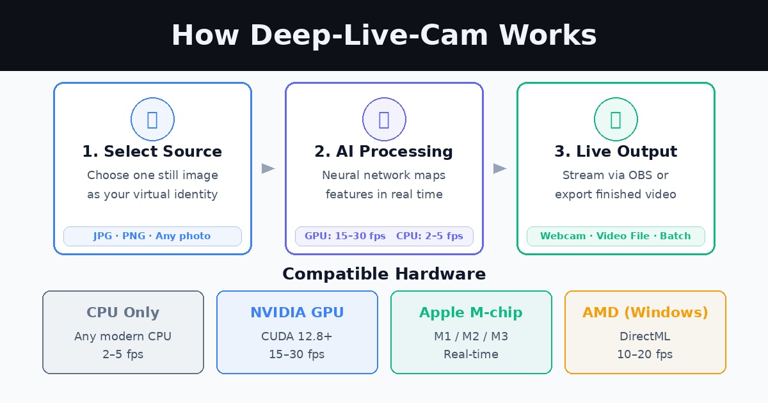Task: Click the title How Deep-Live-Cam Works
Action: (384, 36)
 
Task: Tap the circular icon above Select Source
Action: (152, 120)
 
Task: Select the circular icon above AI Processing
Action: (384, 120)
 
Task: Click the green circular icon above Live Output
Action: (616, 120)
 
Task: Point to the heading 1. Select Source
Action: (152, 152)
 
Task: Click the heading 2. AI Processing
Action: (384, 152)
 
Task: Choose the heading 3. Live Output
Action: (616, 152)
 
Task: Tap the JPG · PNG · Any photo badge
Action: (152, 236)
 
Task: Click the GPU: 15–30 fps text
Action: (345, 236)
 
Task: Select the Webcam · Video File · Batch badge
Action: (616, 236)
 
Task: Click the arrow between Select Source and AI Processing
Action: (268, 168)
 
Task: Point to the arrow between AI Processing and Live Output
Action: (500, 168)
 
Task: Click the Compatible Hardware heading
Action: (384, 274)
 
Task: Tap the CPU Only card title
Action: (123, 313)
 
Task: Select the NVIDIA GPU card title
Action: (297, 313)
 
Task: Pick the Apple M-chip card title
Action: (471, 313)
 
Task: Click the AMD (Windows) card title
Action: (645, 313)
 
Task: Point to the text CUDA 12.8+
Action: (297, 336)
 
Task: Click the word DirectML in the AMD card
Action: (645, 336)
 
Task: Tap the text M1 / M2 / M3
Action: (471, 336)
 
